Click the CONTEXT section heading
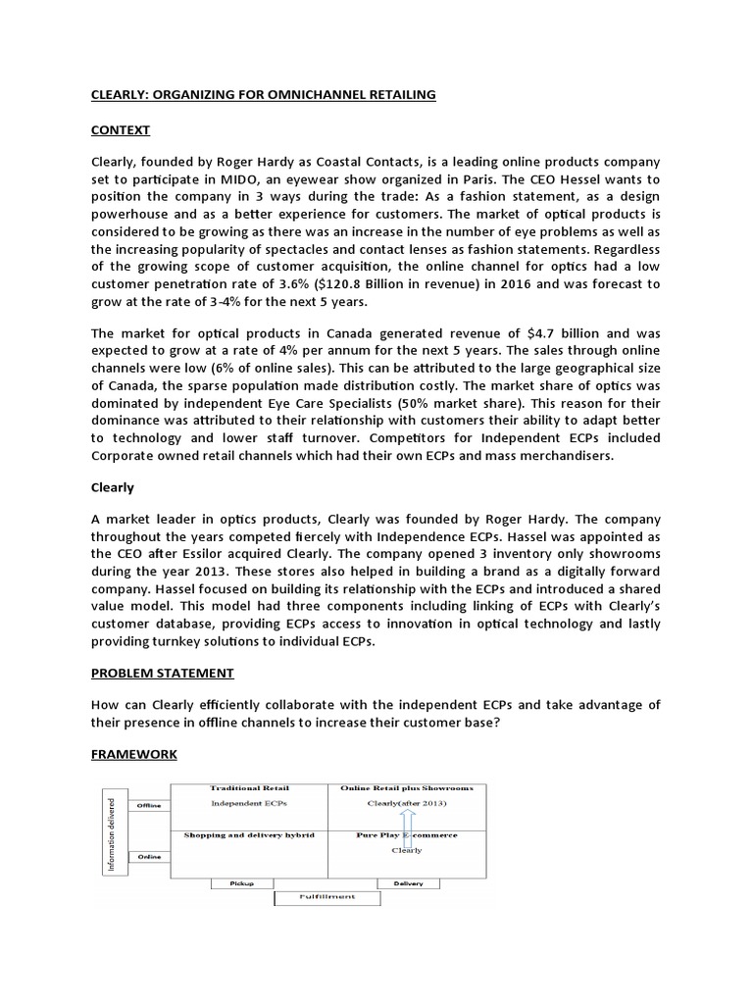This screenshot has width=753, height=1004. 123,127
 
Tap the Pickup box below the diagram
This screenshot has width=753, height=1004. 241,883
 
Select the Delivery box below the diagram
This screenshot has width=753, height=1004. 408,883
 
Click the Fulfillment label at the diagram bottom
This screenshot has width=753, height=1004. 326,897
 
